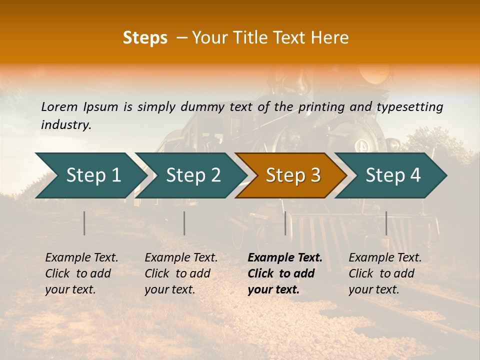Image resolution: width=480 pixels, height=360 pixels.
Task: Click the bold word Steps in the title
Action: click(145, 38)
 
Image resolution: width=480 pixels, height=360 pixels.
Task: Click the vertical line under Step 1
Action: click(84, 223)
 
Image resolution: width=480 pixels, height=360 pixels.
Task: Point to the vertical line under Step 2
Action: click(184, 223)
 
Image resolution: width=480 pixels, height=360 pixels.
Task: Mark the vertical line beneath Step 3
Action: click(285, 223)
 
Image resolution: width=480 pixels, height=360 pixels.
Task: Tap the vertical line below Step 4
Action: click(386, 223)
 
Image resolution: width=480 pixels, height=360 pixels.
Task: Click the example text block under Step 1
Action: click(81, 273)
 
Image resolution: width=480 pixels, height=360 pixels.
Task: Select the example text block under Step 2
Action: click(181, 273)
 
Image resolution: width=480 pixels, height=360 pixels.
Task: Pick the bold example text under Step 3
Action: click(284, 273)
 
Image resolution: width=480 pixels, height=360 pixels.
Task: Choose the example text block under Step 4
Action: click(385, 273)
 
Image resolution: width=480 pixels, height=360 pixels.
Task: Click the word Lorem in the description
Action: click(59, 106)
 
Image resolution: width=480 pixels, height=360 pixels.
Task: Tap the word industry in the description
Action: click(65, 124)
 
